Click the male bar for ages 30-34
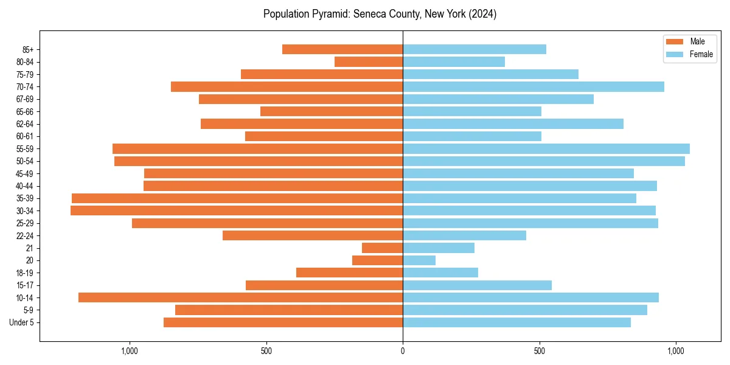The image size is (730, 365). click(x=237, y=210)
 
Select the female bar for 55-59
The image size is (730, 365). click(x=546, y=148)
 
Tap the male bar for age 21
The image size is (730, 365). click(x=382, y=248)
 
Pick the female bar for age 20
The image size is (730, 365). click(x=419, y=260)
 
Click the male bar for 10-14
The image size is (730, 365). click(x=240, y=297)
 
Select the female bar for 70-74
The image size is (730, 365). click(x=533, y=86)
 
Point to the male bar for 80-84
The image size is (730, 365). click(x=369, y=61)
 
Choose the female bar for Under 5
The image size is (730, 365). click(x=516, y=322)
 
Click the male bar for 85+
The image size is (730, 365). click(x=342, y=49)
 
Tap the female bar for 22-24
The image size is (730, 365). click(x=464, y=235)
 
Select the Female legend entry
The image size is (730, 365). click(x=689, y=54)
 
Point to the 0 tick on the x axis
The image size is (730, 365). click(x=403, y=351)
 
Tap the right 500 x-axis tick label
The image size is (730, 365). click(x=539, y=351)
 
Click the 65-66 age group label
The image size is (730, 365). click(x=25, y=111)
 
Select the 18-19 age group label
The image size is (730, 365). click(x=25, y=273)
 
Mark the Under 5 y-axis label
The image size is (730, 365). click(x=22, y=322)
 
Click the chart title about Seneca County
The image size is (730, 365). click(x=380, y=14)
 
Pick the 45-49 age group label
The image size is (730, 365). click(x=25, y=173)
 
